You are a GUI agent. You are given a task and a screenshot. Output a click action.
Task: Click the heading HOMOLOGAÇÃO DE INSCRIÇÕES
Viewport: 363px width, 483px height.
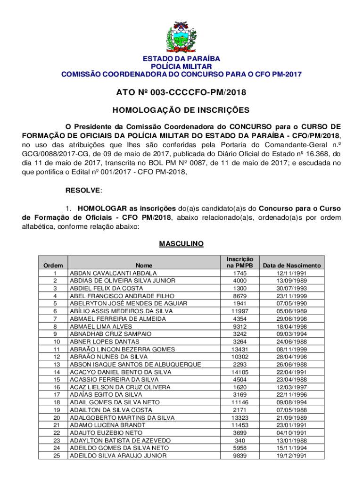(181, 110)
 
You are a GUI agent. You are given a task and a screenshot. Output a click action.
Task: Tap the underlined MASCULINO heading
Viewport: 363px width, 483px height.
(181, 244)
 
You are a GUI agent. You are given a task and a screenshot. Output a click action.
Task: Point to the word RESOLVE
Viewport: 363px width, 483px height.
(82, 190)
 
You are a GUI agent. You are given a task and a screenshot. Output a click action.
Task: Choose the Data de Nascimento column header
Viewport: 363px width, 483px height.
(292, 266)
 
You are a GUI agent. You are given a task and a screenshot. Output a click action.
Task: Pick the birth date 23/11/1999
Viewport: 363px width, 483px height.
(292, 296)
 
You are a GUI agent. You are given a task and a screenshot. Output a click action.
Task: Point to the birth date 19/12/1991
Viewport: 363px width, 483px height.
(292, 456)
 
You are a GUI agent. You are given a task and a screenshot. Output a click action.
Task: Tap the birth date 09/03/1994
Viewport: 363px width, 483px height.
(292, 334)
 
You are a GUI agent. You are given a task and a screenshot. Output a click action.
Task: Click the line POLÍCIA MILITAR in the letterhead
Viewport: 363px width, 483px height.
(181, 67)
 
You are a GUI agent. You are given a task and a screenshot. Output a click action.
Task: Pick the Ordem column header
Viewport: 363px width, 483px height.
(52, 266)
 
